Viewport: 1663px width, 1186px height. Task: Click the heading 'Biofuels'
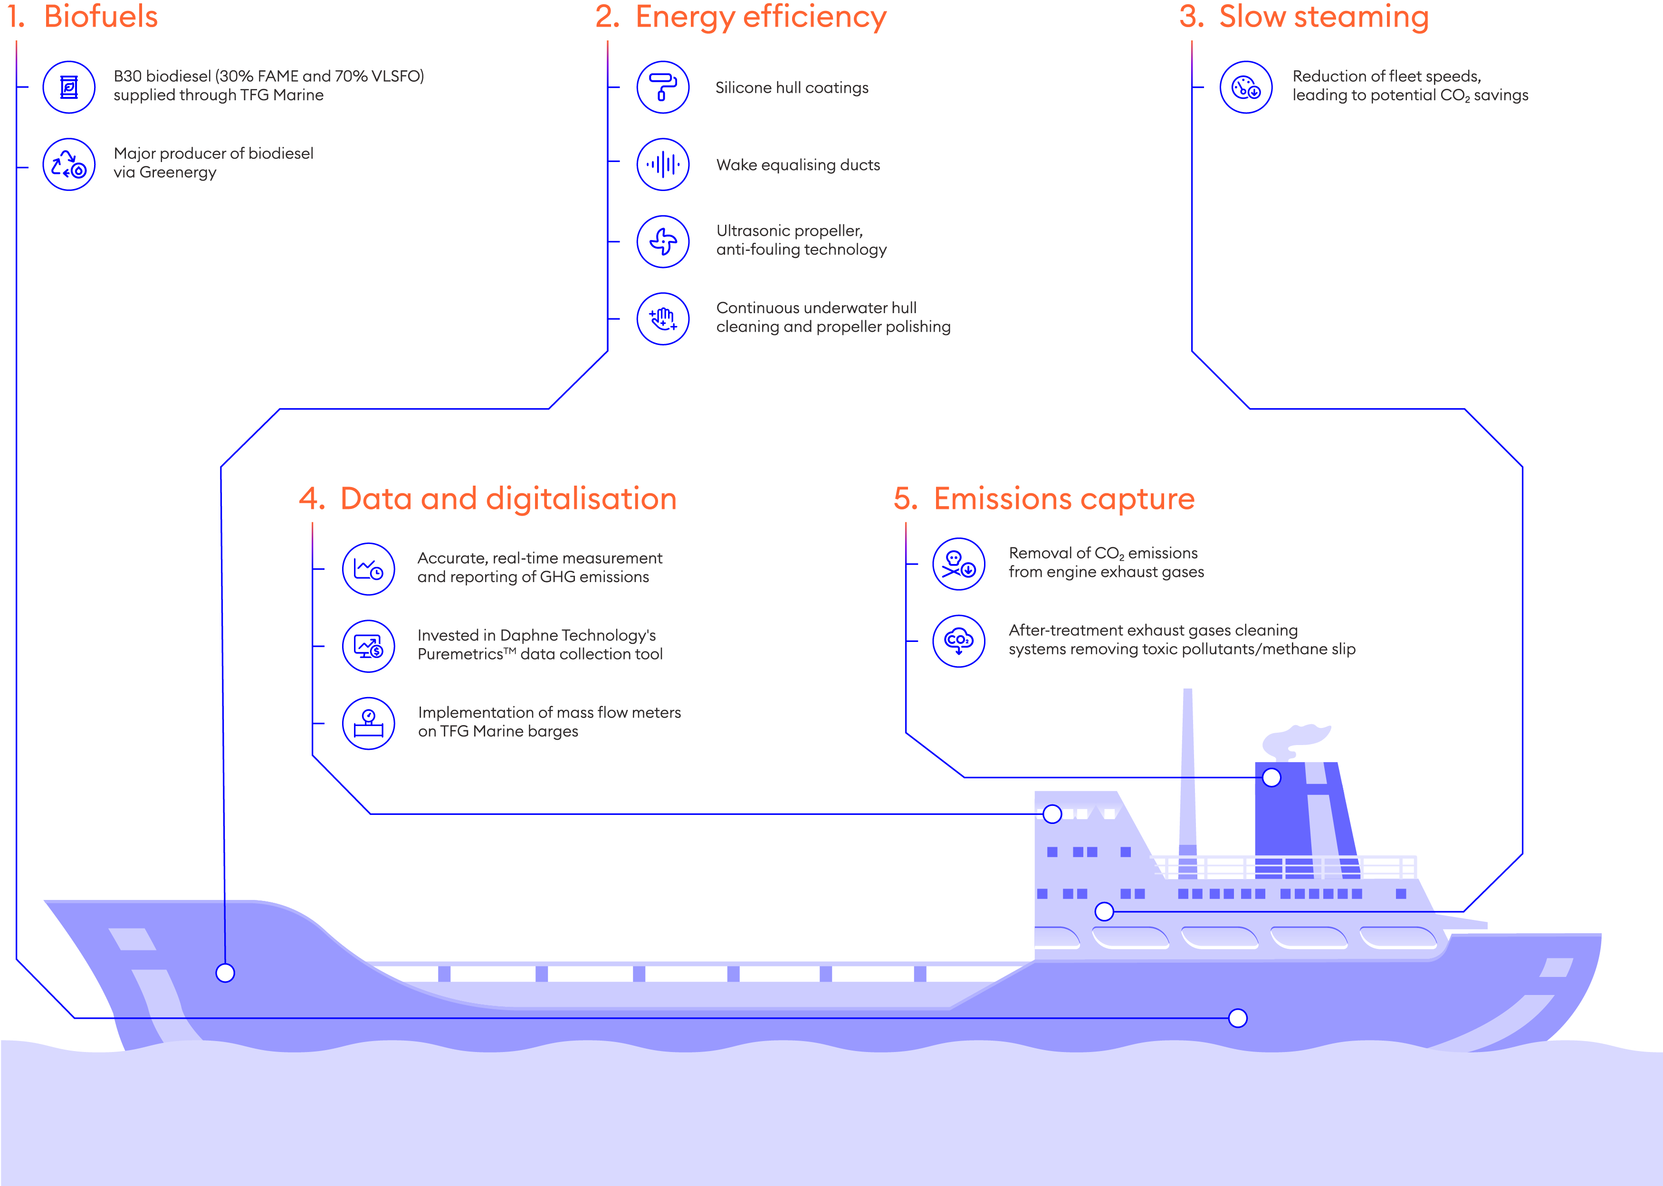click(x=100, y=17)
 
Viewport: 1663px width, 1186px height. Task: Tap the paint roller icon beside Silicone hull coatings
click(x=662, y=87)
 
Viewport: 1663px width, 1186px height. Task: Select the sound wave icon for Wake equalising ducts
click(x=662, y=164)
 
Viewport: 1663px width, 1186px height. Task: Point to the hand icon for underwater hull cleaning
click(x=662, y=318)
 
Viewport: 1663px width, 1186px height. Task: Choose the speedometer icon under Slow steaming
click(x=1246, y=87)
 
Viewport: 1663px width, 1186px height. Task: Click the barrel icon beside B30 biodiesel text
click(x=68, y=87)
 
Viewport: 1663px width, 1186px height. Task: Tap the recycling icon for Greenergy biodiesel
click(x=68, y=164)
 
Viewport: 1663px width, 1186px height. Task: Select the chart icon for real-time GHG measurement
click(x=369, y=569)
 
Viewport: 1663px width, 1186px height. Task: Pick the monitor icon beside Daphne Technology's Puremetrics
click(x=369, y=646)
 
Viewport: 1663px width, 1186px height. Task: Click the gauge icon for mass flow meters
click(x=369, y=723)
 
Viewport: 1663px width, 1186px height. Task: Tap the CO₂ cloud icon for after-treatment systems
click(x=958, y=641)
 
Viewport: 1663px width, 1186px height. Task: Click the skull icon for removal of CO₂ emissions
click(x=958, y=564)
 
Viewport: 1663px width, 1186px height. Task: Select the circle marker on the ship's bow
click(x=225, y=973)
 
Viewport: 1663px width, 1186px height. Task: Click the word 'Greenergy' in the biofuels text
click(x=178, y=173)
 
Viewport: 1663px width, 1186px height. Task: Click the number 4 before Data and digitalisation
click(x=310, y=499)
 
